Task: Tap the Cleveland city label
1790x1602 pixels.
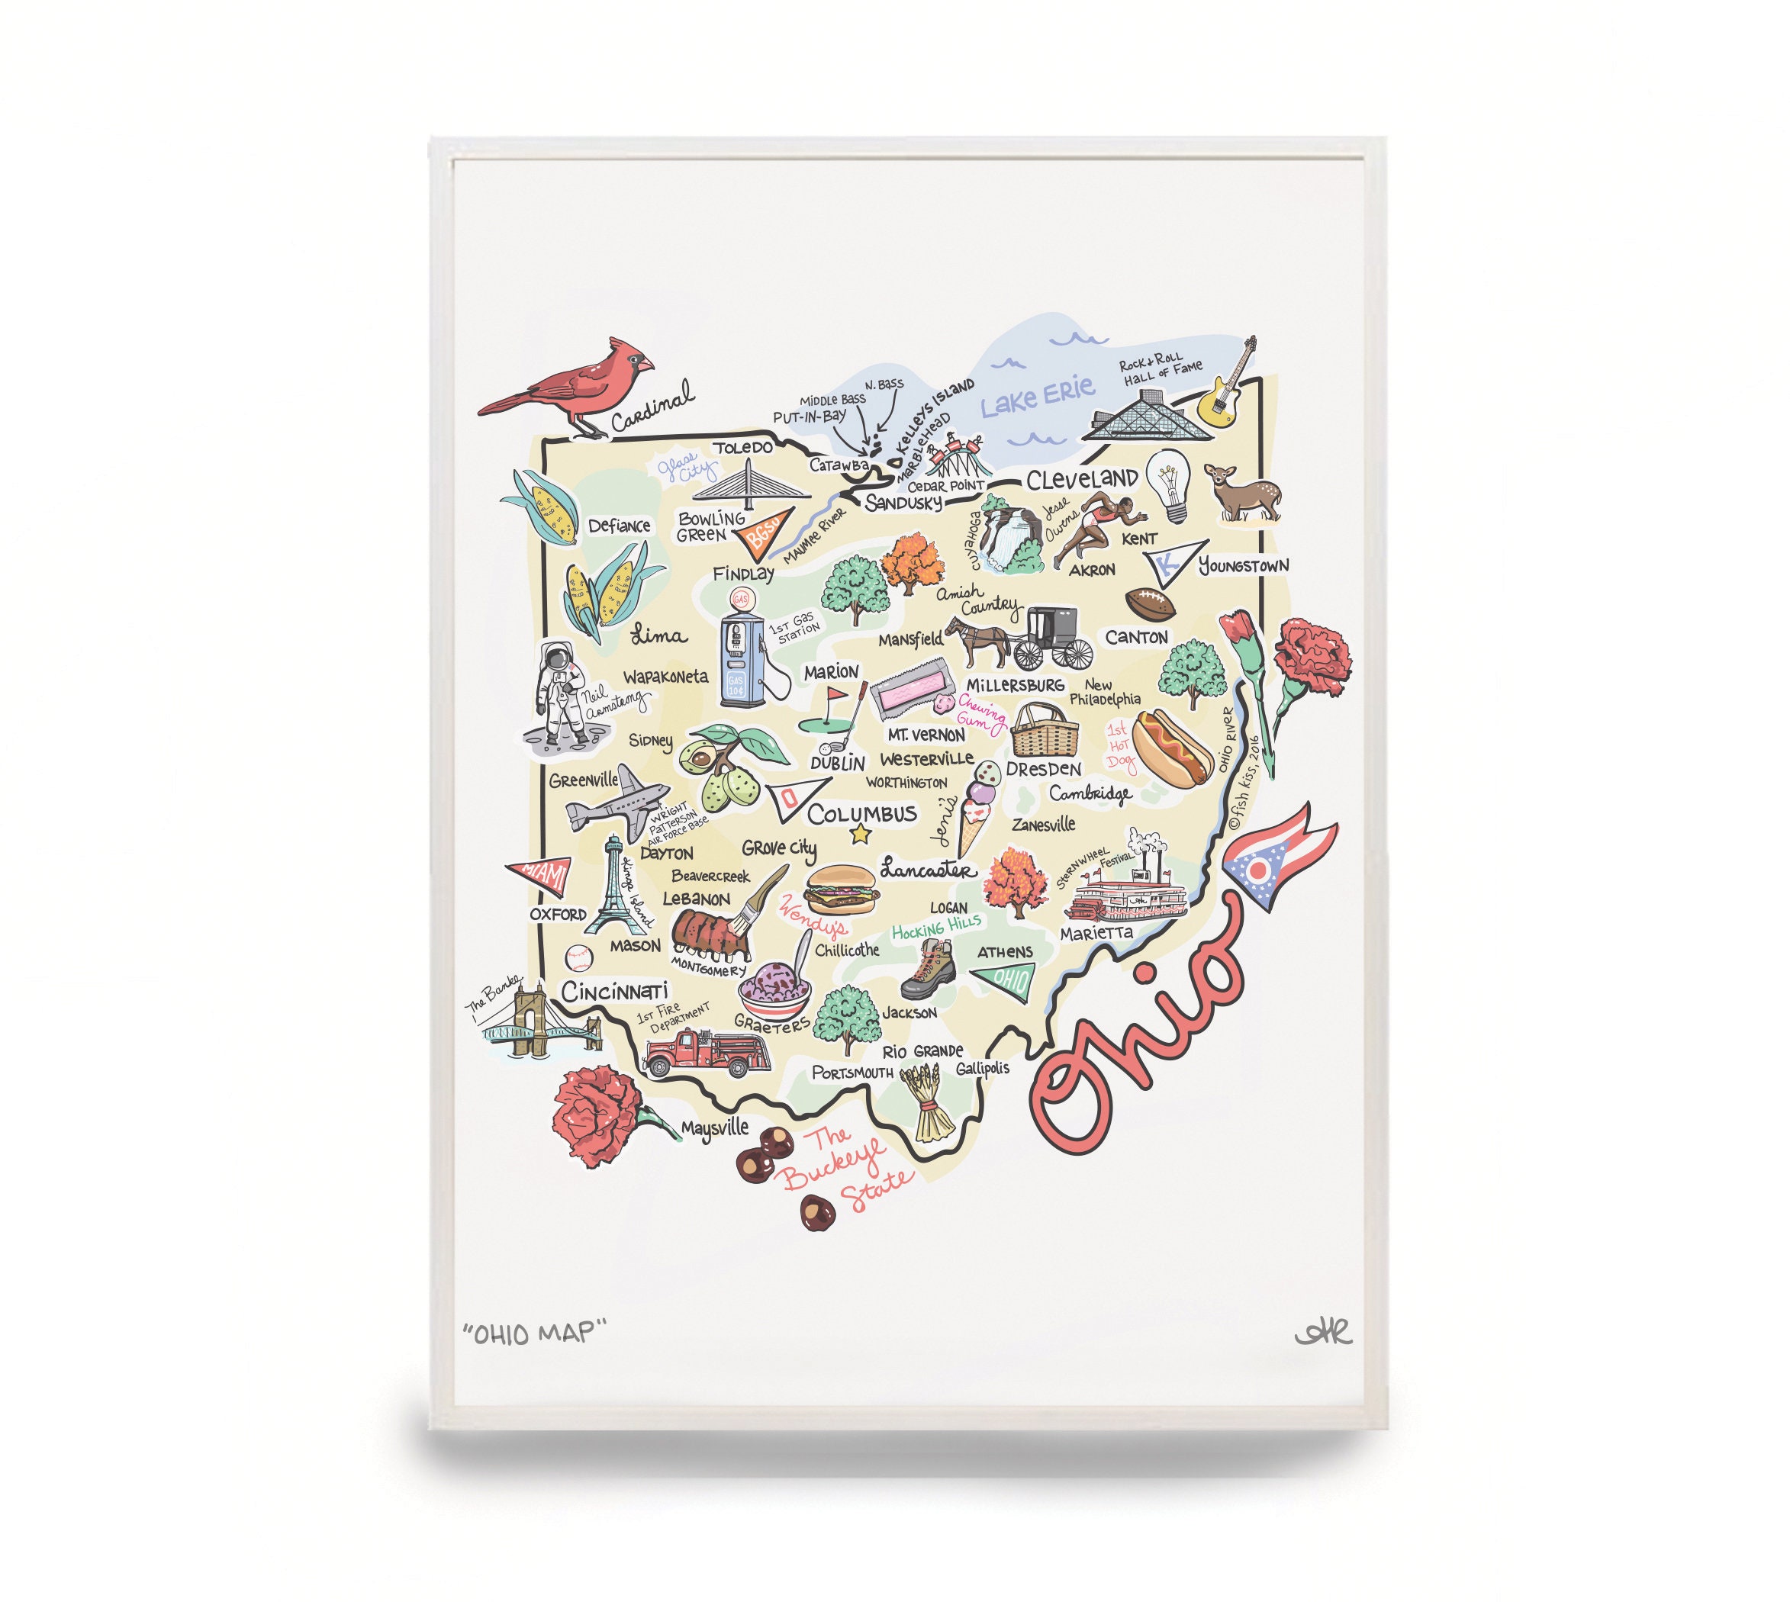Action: [x=1080, y=480]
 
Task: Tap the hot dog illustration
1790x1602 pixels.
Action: [x=1172, y=749]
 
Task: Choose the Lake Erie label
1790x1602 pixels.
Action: [x=1037, y=395]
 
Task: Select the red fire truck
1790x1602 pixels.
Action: [x=706, y=1052]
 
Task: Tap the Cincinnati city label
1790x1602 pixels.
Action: [x=614, y=992]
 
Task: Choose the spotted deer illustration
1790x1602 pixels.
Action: [x=1245, y=493]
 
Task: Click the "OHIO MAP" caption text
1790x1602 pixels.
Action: [x=536, y=1333]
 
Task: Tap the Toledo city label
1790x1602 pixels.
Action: [x=742, y=448]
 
